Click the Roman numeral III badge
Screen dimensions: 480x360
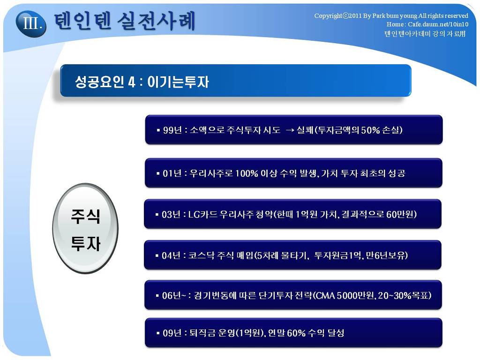coord(31,23)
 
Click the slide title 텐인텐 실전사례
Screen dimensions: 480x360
coord(125,22)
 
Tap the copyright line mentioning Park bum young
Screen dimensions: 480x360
coord(391,15)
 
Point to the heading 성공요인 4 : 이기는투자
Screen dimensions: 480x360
coord(142,82)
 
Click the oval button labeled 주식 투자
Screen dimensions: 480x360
coord(85,228)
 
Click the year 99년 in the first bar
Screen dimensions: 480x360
coord(172,130)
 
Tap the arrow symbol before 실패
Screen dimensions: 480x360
coord(290,130)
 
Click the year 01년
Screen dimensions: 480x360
coord(172,173)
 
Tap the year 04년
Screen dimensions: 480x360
coord(172,255)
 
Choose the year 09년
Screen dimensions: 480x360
coord(172,333)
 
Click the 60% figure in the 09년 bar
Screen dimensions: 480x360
coord(296,333)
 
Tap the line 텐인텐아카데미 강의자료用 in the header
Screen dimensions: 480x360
coord(425,33)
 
